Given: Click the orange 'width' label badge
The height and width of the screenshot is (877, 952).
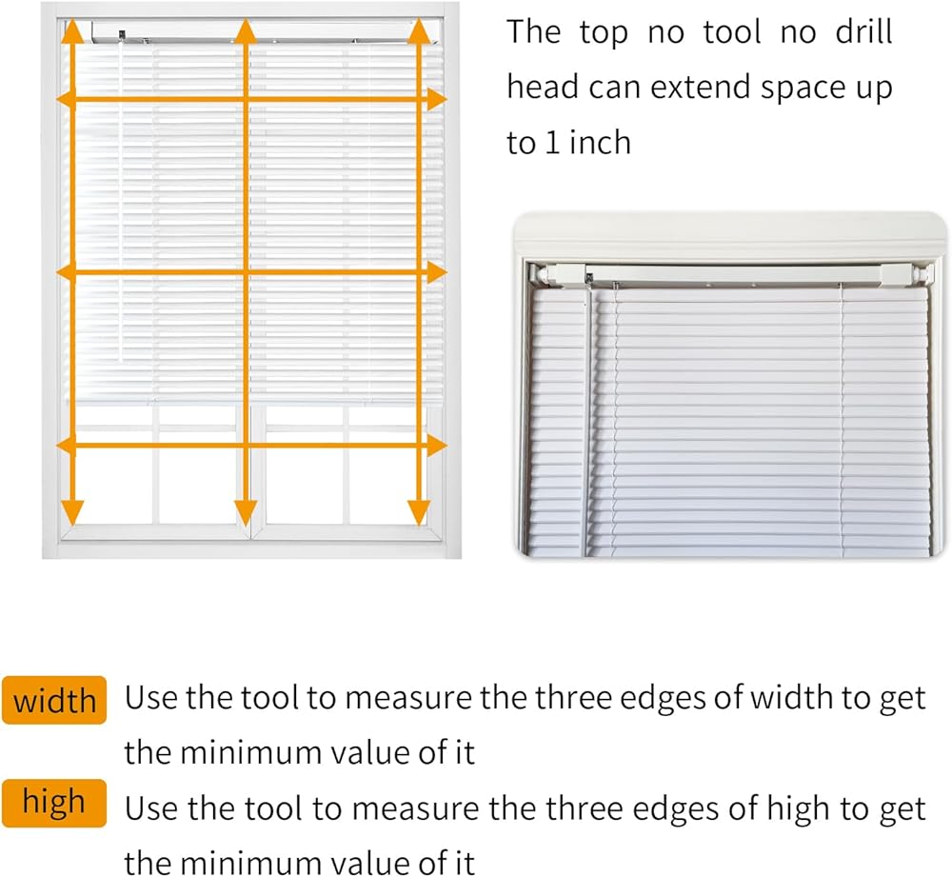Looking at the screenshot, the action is pos(54,700).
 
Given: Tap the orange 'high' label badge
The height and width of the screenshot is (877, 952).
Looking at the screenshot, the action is pos(54,803).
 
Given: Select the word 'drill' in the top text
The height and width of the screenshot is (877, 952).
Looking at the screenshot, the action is pos(863,31).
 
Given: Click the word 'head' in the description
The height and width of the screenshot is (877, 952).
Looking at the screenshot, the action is pos(543,87).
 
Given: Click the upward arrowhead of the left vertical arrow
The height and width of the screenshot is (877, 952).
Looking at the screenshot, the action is pos(72,30).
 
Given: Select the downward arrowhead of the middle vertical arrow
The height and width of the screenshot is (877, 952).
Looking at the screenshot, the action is pos(246,513).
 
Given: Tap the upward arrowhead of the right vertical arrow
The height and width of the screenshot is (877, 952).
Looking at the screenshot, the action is pos(419,30).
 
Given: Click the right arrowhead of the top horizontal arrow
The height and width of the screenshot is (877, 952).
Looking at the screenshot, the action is pos(437,99).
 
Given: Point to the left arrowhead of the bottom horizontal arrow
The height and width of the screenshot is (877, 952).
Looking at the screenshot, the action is pos(67,446).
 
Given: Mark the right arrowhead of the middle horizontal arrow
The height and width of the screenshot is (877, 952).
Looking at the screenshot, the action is pos(437,272).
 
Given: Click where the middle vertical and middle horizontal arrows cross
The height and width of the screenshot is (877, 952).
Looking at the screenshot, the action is pos(246,272).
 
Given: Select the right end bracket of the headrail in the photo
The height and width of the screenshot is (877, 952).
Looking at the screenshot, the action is pos(921,274).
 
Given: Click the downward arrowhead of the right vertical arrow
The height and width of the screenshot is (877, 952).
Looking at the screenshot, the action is pos(419,513).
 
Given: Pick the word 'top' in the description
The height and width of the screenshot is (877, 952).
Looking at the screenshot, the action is pos(603,33).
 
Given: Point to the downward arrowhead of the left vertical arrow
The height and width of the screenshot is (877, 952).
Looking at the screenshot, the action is pos(72,513).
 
